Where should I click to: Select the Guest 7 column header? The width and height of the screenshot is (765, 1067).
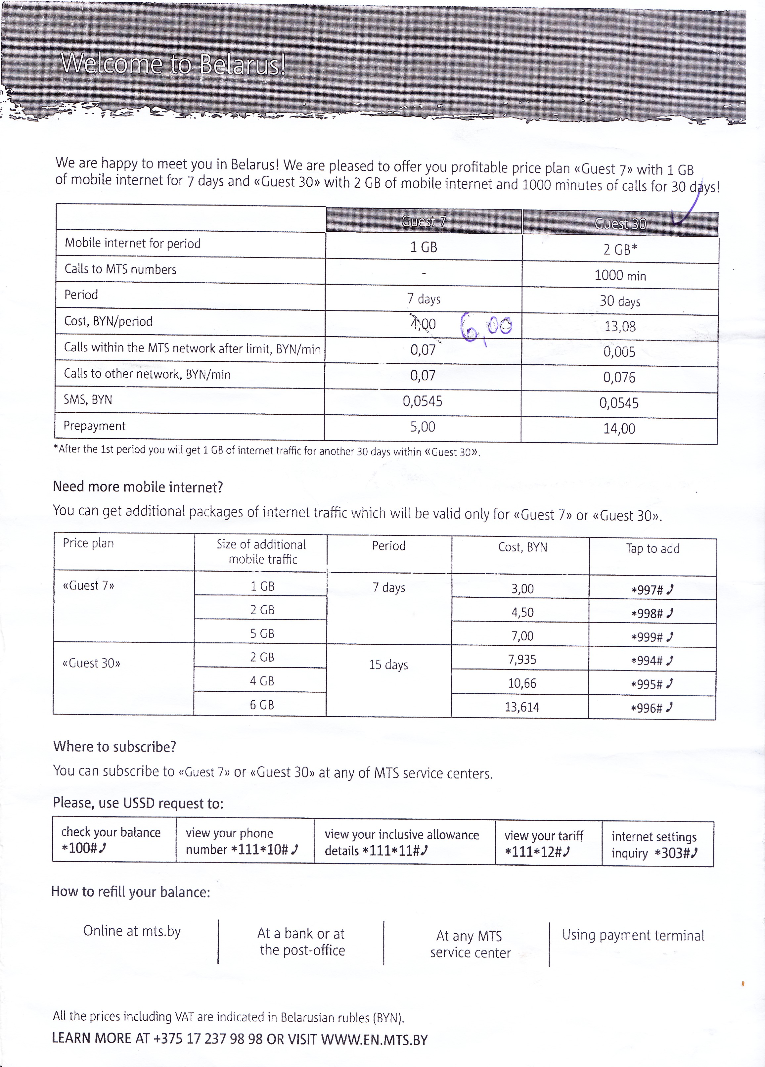click(424, 221)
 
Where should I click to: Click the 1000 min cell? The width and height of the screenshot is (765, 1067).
click(620, 275)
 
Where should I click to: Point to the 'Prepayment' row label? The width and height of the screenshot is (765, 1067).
click(95, 426)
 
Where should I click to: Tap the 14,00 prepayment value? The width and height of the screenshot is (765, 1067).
click(619, 429)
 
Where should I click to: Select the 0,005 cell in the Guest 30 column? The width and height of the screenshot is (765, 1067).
click(619, 352)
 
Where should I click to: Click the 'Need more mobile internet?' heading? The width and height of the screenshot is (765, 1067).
click(138, 487)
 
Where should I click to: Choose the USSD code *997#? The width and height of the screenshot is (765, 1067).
click(652, 589)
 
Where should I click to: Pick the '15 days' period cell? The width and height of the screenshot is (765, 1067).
click(388, 665)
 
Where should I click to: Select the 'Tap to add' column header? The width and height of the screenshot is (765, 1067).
click(652, 548)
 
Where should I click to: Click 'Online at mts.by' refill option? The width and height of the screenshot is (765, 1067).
click(132, 931)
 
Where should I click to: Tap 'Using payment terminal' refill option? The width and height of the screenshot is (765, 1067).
click(633, 935)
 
